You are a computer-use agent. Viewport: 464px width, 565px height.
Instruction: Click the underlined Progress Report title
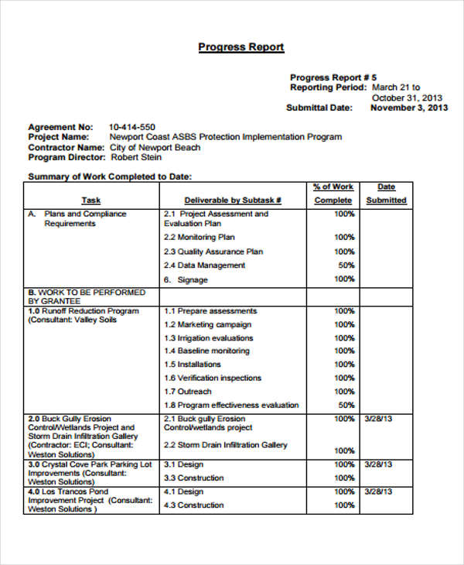point(241,47)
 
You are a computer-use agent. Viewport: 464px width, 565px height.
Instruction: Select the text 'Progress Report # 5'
point(333,77)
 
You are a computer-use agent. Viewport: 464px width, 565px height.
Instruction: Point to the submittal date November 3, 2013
point(409,108)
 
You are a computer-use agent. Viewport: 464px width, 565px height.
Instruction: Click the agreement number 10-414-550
point(131,127)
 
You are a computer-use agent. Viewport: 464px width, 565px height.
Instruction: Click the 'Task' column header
point(91,200)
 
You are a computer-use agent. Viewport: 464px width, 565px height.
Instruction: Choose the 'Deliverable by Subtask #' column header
point(233,200)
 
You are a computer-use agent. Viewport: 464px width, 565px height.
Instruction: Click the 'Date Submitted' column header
point(386,193)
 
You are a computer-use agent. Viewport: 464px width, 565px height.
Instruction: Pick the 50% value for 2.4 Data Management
point(345,265)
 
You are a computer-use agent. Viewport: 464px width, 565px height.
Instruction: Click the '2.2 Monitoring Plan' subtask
point(199,238)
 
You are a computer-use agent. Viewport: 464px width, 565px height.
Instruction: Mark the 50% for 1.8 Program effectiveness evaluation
point(345,405)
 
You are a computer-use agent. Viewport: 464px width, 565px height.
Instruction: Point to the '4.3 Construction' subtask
point(193,505)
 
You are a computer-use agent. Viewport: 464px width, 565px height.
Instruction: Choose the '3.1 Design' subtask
point(183,464)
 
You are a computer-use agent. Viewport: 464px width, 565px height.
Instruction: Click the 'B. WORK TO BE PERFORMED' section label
point(86,293)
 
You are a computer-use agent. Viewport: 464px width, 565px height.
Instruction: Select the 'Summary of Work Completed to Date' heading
point(109,176)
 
